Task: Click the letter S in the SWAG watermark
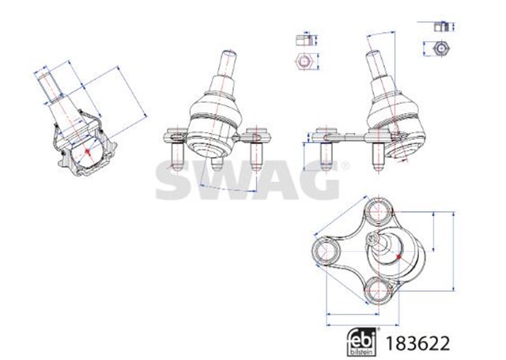[x=176, y=180]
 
